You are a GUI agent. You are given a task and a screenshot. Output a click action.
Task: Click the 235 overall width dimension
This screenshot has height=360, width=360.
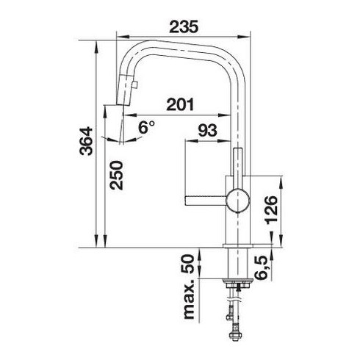pyautogui.click(x=184, y=26)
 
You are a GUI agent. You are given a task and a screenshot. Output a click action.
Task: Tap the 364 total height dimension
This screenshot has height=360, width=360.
pyautogui.click(x=86, y=141)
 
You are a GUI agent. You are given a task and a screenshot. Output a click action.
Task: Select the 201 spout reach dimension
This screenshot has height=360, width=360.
pyautogui.click(x=180, y=104)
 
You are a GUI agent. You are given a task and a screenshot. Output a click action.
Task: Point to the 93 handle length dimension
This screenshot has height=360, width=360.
pyautogui.click(x=207, y=130)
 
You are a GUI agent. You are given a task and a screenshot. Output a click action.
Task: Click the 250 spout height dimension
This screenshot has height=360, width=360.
pyautogui.click(x=116, y=175)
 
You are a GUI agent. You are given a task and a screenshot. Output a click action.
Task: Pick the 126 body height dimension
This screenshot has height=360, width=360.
pyautogui.click(x=271, y=210)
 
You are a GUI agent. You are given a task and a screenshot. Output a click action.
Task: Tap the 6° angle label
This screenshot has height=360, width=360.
pyautogui.click(x=146, y=127)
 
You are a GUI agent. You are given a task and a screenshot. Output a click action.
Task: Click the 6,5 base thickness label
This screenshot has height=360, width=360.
pyautogui.click(x=262, y=268)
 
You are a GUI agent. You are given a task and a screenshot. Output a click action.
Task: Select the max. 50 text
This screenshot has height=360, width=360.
pyautogui.click(x=189, y=287)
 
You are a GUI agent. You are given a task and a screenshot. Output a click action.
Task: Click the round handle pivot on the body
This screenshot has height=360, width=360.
pyautogui.click(x=238, y=201)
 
